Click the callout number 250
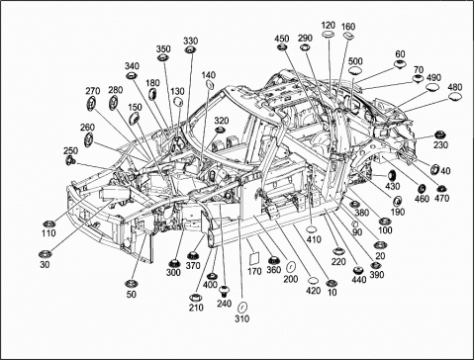(x=70, y=150)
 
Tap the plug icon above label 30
(x=45, y=254)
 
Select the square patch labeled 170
(x=254, y=258)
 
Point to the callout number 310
(x=242, y=318)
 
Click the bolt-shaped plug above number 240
(x=225, y=291)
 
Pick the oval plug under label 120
(x=329, y=34)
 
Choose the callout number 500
(x=355, y=61)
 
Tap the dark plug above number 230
(x=439, y=135)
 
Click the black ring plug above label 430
(x=392, y=175)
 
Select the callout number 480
(x=455, y=87)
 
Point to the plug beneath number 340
(x=132, y=75)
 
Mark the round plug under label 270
(x=91, y=104)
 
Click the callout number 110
(x=48, y=233)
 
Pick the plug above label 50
(x=132, y=283)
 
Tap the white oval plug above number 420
(x=314, y=281)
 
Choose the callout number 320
(x=222, y=121)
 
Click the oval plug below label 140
(x=209, y=84)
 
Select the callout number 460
(x=422, y=199)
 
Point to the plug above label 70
(x=419, y=79)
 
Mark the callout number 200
(x=291, y=279)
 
